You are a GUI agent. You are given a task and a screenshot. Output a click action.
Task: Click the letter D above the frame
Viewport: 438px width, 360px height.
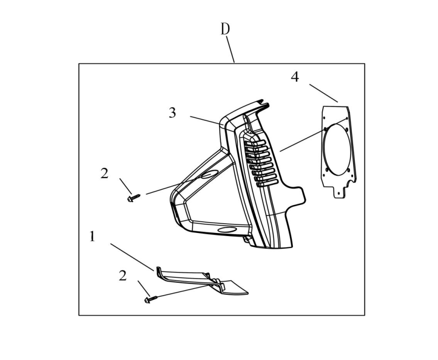225,29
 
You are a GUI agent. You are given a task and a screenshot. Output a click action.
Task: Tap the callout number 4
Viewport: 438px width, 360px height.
295,77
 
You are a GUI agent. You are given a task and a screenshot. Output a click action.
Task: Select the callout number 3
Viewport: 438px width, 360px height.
172,113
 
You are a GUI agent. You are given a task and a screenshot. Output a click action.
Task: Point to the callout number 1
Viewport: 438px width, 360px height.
93,237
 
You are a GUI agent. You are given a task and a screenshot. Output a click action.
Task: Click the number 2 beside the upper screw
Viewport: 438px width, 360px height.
104,173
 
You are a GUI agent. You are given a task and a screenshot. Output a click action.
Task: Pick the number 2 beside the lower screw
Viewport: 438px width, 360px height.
122,276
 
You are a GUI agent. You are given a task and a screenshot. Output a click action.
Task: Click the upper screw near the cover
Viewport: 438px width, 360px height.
133,198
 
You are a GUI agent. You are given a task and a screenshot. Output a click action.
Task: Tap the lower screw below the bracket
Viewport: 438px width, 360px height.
151,299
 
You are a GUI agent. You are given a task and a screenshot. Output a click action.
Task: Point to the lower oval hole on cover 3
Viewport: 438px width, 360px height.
227,230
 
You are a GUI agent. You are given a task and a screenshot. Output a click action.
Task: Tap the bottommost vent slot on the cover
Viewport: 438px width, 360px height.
267,184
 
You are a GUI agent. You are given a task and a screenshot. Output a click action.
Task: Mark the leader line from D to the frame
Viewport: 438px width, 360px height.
231,50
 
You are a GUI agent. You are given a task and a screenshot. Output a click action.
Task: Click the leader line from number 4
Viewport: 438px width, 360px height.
323,93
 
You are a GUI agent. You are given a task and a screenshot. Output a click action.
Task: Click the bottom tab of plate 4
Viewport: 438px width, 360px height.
340,192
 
